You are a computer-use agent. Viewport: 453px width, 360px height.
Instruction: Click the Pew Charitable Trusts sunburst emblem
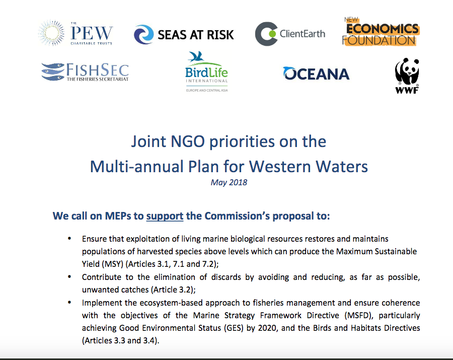click(51, 33)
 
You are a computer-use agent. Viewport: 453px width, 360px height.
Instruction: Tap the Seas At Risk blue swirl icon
click(143, 34)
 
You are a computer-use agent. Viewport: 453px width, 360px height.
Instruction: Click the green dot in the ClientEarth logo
click(272, 34)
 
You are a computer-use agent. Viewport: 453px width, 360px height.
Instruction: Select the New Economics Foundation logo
click(381, 32)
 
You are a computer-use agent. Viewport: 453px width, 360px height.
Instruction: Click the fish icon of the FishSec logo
click(53, 71)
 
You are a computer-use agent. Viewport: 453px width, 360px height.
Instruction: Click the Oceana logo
click(316, 74)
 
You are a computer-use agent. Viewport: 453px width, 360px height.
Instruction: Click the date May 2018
click(229, 182)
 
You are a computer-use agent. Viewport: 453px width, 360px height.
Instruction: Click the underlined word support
click(165, 216)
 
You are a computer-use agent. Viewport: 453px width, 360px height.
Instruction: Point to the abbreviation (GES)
click(232, 328)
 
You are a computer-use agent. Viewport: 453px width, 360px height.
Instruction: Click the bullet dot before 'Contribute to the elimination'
click(69, 277)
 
